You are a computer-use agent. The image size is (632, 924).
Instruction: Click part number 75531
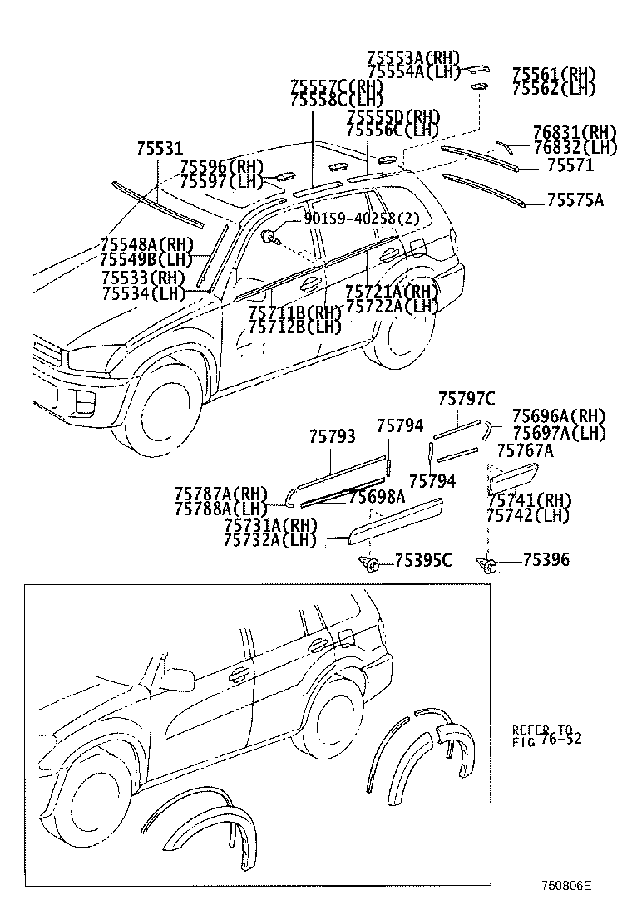pyautogui.click(x=159, y=149)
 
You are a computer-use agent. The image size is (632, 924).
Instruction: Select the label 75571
pyautogui.click(x=570, y=165)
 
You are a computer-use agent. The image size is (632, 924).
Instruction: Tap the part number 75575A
pyautogui.click(x=575, y=200)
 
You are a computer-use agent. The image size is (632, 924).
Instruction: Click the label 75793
pyautogui.click(x=332, y=436)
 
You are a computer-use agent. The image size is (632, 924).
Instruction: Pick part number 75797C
pyautogui.click(x=467, y=399)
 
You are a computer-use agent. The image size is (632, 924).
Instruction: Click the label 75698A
pyautogui.click(x=377, y=497)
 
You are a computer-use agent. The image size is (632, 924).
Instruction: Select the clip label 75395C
pyautogui.click(x=422, y=560)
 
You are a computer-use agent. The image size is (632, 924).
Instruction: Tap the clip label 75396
pyautogui.click(x=546, y=560)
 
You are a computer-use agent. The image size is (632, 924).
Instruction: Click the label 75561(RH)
pyautogui.click(x=554, y=74)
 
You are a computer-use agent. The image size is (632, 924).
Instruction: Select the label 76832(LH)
pyautogui.click(x=575, y=148)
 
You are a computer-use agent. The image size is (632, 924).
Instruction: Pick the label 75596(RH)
pyautogui.click(x=221, y=167)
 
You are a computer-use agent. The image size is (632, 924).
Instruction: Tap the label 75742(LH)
pyautogui.click(x=528, y=515)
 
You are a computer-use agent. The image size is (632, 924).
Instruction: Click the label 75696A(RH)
pyautogui.click(x=558, y=415)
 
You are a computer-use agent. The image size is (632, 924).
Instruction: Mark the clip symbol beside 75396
pyautogui.click(x=489, y=565)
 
